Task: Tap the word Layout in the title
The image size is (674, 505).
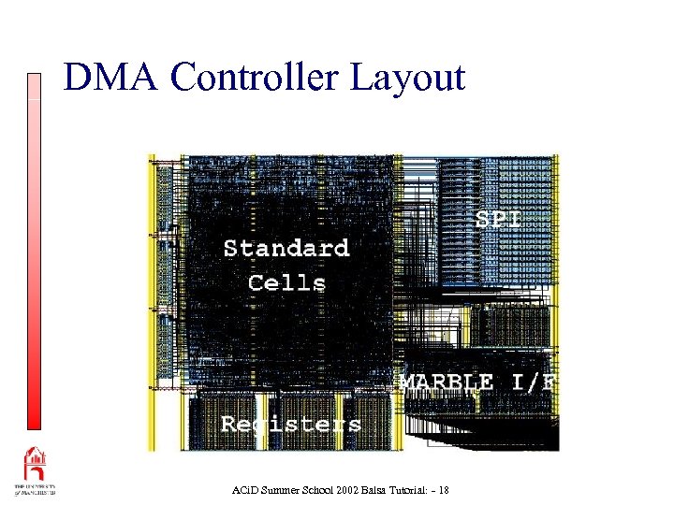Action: (407, 78)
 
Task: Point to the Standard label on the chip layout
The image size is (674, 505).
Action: (286, 248)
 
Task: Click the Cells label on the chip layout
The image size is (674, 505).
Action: (286, 282)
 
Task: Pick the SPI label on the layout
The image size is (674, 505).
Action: (498, 219)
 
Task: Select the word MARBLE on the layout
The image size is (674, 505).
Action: (447, 382)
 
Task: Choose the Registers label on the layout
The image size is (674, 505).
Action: (290, 424)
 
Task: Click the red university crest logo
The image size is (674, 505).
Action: (35, 464)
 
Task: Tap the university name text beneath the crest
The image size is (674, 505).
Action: (35, 491)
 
